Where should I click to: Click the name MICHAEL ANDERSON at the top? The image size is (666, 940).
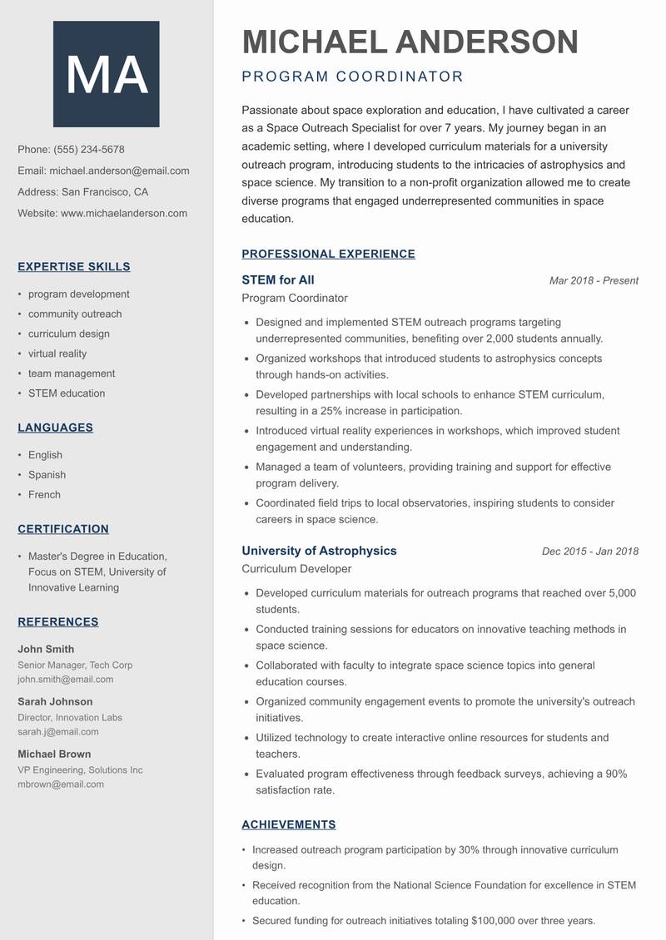410,42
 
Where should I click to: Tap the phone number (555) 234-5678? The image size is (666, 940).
89,150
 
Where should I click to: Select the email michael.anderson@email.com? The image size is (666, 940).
119,171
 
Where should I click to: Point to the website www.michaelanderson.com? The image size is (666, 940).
124,213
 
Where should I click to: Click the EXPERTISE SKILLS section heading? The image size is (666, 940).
74,267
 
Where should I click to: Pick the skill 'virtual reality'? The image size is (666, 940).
57,354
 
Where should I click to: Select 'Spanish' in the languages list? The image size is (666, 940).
47,475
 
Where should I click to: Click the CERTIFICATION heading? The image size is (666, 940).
63,529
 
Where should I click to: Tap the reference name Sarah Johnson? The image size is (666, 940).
55,701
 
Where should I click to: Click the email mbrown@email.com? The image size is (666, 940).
61,784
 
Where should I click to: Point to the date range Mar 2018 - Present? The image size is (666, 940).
594,281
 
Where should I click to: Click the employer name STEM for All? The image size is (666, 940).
278,280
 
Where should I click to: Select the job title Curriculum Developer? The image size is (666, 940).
296,569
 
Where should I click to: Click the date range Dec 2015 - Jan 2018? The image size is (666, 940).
590,552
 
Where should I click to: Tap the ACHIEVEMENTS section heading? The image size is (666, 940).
289,825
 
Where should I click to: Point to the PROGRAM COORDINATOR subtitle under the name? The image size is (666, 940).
352,77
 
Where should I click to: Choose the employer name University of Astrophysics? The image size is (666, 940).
319,551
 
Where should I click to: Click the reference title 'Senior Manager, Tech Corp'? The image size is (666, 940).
75,665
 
